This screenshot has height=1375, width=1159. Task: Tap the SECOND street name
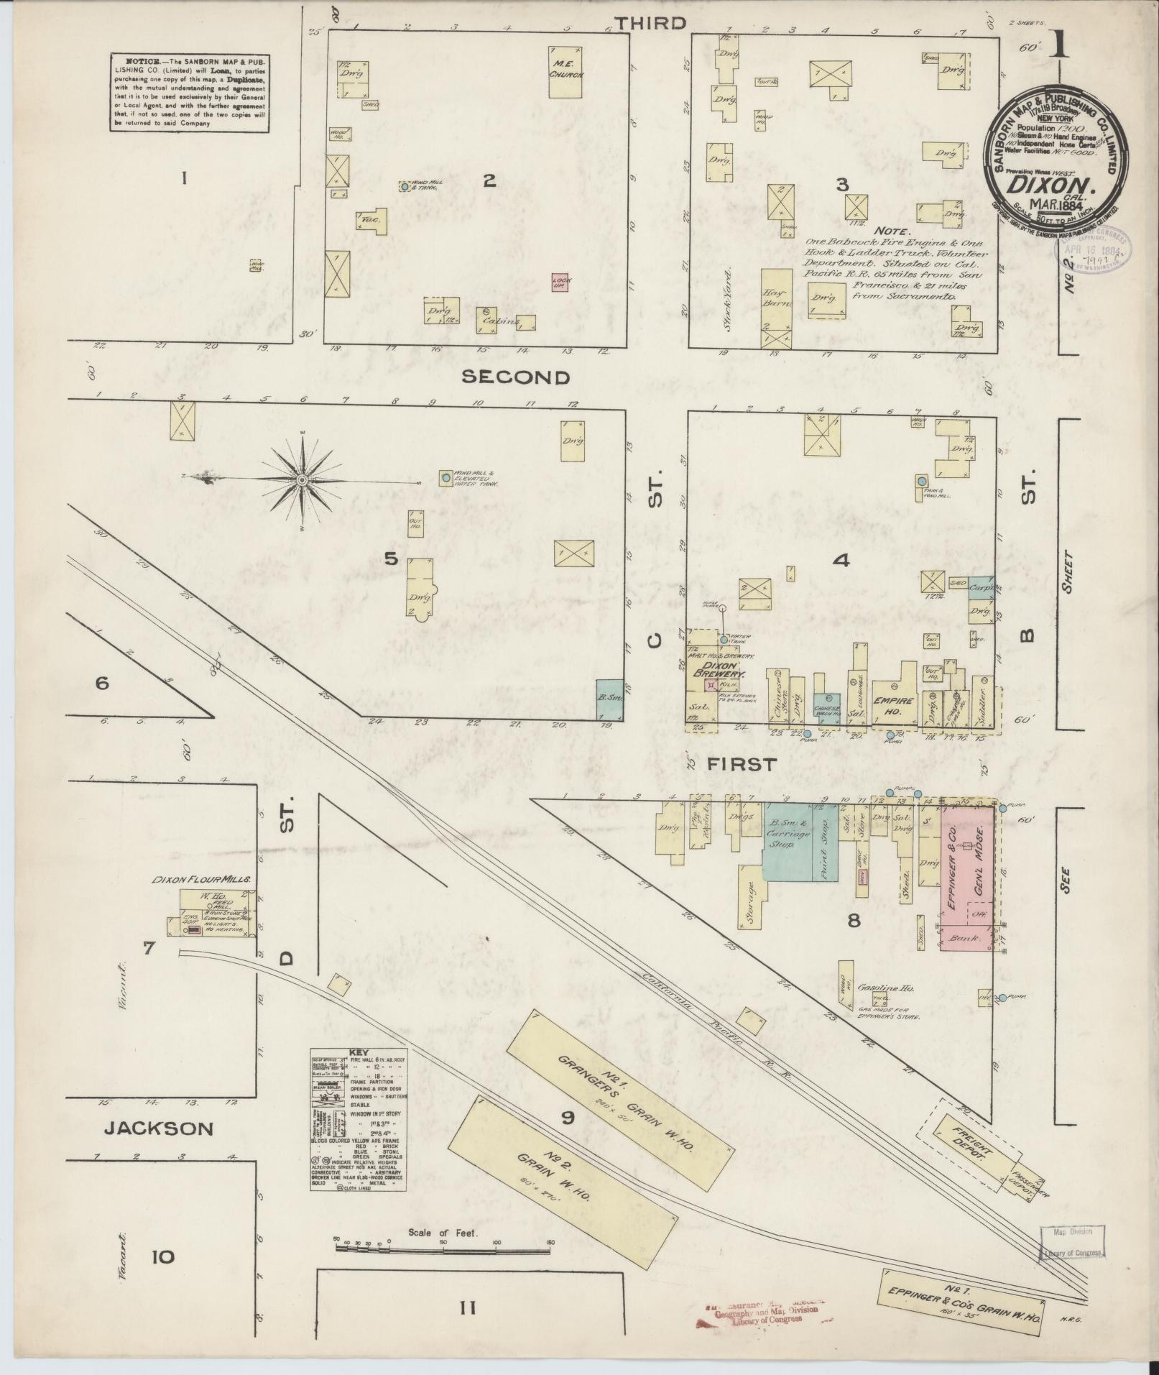515,377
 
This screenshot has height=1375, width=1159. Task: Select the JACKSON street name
159,1128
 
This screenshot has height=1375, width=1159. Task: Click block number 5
390,558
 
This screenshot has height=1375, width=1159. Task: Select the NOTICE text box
190,93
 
